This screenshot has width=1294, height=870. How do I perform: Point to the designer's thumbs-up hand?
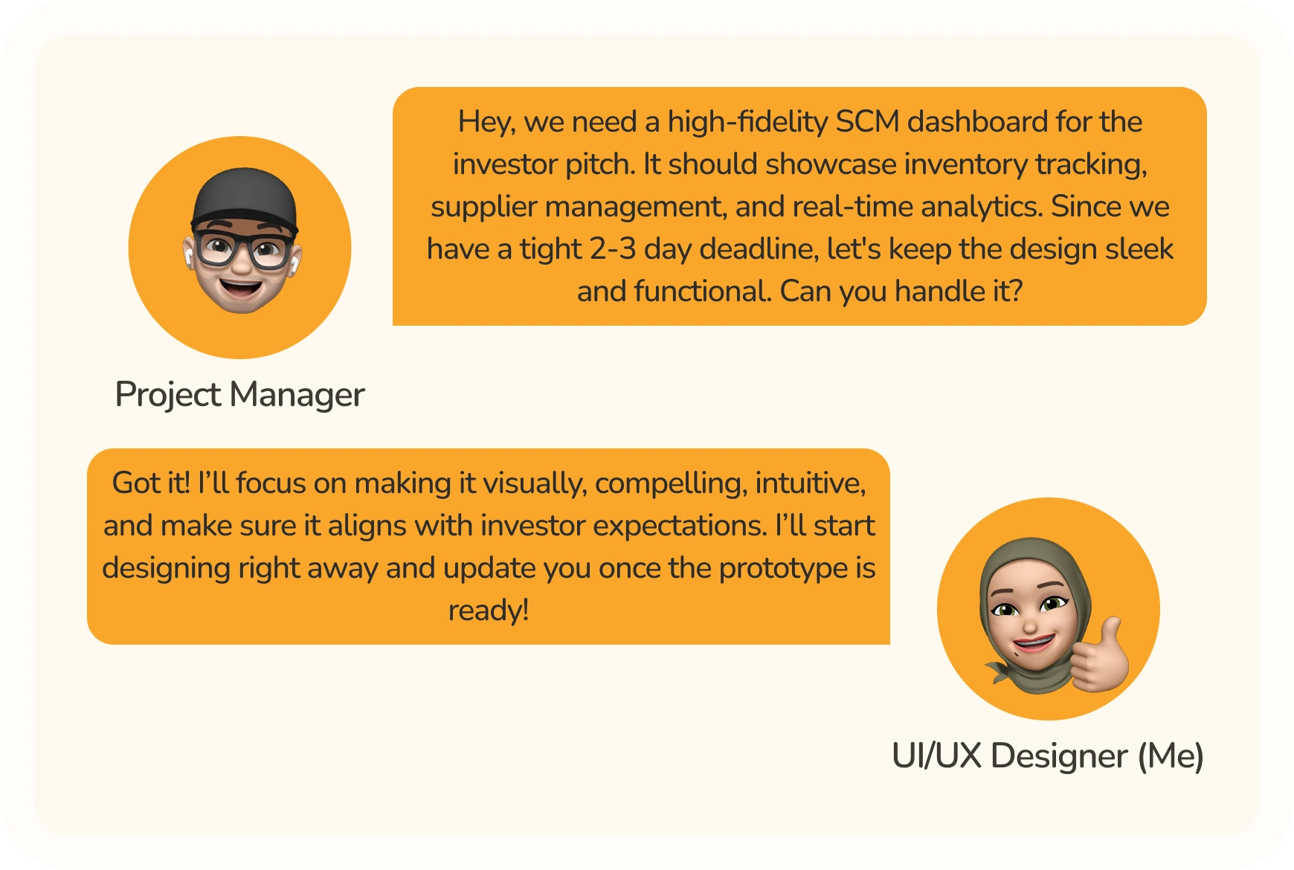tap(1100, 654)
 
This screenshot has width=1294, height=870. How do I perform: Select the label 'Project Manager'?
tap(239, 394)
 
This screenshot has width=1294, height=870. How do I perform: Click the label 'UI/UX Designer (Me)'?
tap(1047, 755)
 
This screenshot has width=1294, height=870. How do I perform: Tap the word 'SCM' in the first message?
tap(867, 121)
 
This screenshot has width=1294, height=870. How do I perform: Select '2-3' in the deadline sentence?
tap(613, 249)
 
